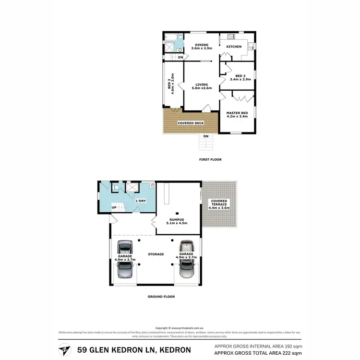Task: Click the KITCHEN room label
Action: click(234, 47)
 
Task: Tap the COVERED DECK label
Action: click(191, 123)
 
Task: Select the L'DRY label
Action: click(141, 200)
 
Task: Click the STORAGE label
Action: click(156, 254)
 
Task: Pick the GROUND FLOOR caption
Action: click(161, 297)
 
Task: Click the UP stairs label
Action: click(114, 207)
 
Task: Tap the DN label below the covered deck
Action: click(206, 136)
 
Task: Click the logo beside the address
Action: click(62, 349)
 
